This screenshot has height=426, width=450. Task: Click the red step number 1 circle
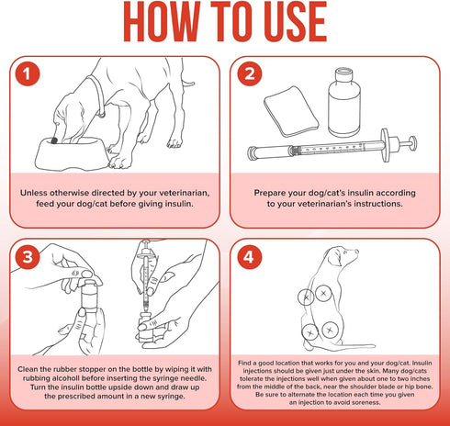[28, 74]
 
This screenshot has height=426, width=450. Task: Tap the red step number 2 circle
[250, 74]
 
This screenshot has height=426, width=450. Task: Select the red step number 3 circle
[28, 256]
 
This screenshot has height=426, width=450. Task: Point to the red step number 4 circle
[250, 256]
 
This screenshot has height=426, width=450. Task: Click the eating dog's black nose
[54, 140]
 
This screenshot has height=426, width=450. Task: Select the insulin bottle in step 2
[343, 102]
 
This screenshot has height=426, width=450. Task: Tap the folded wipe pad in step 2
[291, 112]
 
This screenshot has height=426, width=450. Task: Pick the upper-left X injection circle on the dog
[306, 297]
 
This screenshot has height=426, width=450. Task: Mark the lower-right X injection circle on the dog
[330, 330]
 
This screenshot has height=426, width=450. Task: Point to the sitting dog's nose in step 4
[356, 252]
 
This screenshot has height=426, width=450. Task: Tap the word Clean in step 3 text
[28, 369]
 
